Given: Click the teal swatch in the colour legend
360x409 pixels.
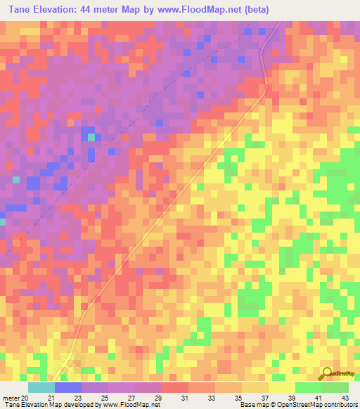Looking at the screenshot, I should (x=41, y=387).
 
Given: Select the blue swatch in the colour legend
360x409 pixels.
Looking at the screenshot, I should (x=67, y=387).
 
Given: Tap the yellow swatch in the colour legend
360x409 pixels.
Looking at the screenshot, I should (x=281, y=387).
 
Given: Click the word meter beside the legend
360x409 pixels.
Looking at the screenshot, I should (x=10, y=397).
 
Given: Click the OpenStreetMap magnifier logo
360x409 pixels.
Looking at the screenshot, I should (x=326, y=373).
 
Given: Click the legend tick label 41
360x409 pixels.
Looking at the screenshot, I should (x=320, y=397).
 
